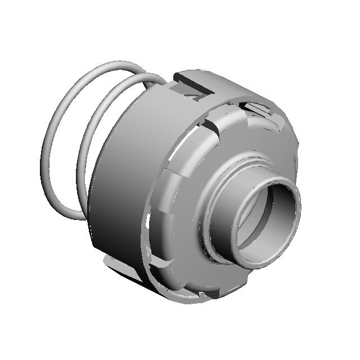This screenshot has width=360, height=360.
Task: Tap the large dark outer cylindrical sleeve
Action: [118, 186]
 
